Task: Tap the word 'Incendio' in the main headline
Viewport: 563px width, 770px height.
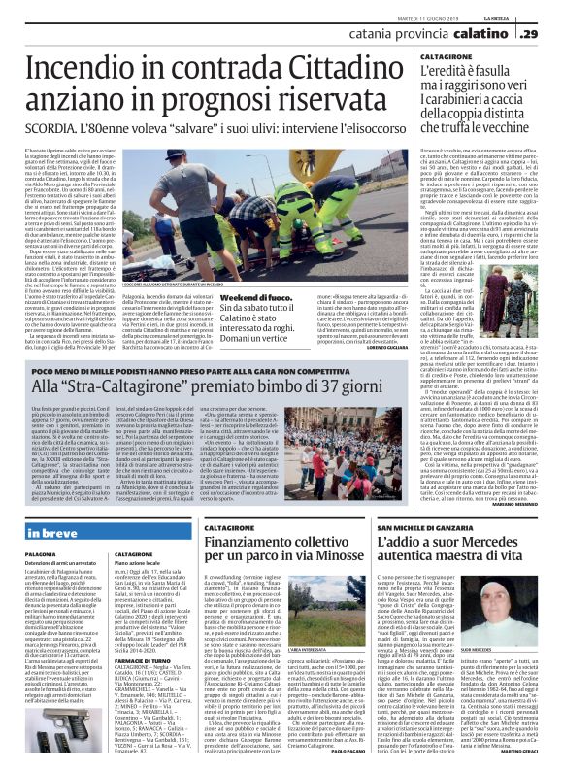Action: [91, 73]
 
